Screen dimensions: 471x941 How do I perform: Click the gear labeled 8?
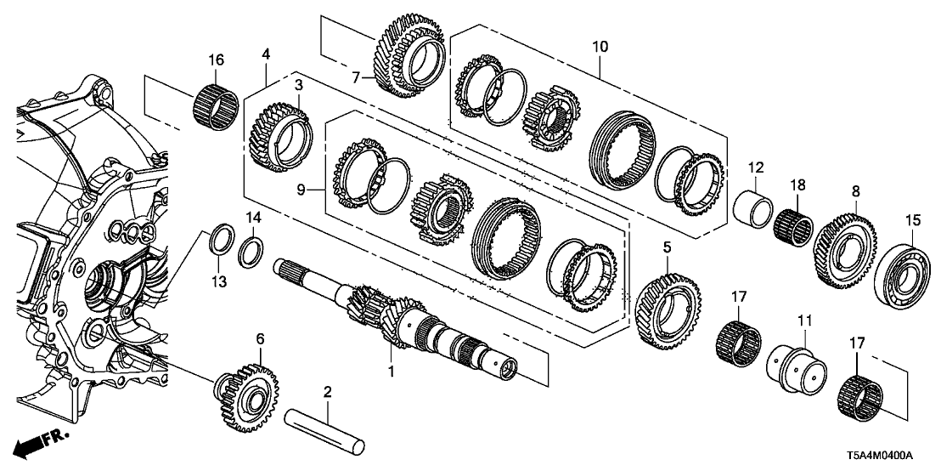[845, 242]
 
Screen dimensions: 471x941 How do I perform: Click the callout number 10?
[600, 47]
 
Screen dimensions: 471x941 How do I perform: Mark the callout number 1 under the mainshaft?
[392, 372]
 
